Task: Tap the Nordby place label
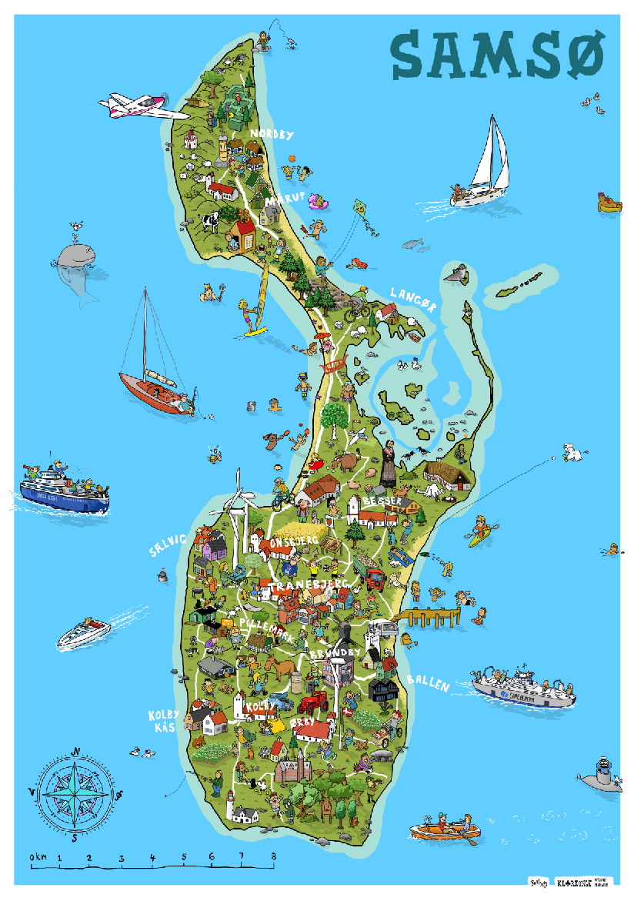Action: click(x=272, y=135)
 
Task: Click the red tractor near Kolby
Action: click(x=312, y=702)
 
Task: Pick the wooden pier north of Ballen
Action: click(x=432, y=616)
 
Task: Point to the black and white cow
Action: click(x=210, y=222)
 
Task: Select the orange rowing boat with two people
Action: click(x=445, y=830)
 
